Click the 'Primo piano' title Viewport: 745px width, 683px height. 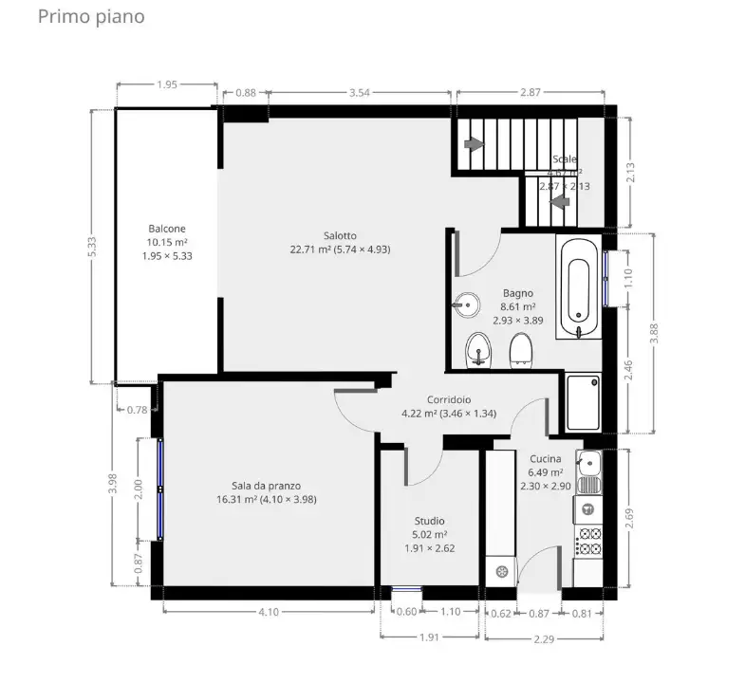(91, 16)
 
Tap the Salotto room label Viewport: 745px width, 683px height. (340, 236)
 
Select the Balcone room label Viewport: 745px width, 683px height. (167, 229)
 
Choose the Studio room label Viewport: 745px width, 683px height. (429, 521)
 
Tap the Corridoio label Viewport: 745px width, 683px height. (449, 399)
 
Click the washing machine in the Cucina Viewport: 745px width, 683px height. (500, 571)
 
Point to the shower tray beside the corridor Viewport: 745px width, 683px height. (582, 402)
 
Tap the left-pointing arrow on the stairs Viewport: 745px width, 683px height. (559, 200)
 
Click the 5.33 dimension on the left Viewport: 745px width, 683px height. (92, 245)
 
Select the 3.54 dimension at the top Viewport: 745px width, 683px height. (360, 92)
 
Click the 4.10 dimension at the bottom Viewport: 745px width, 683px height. (269, 612)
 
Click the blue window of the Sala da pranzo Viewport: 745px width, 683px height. (160, 489)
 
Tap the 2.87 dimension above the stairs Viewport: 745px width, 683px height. (530, 92)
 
